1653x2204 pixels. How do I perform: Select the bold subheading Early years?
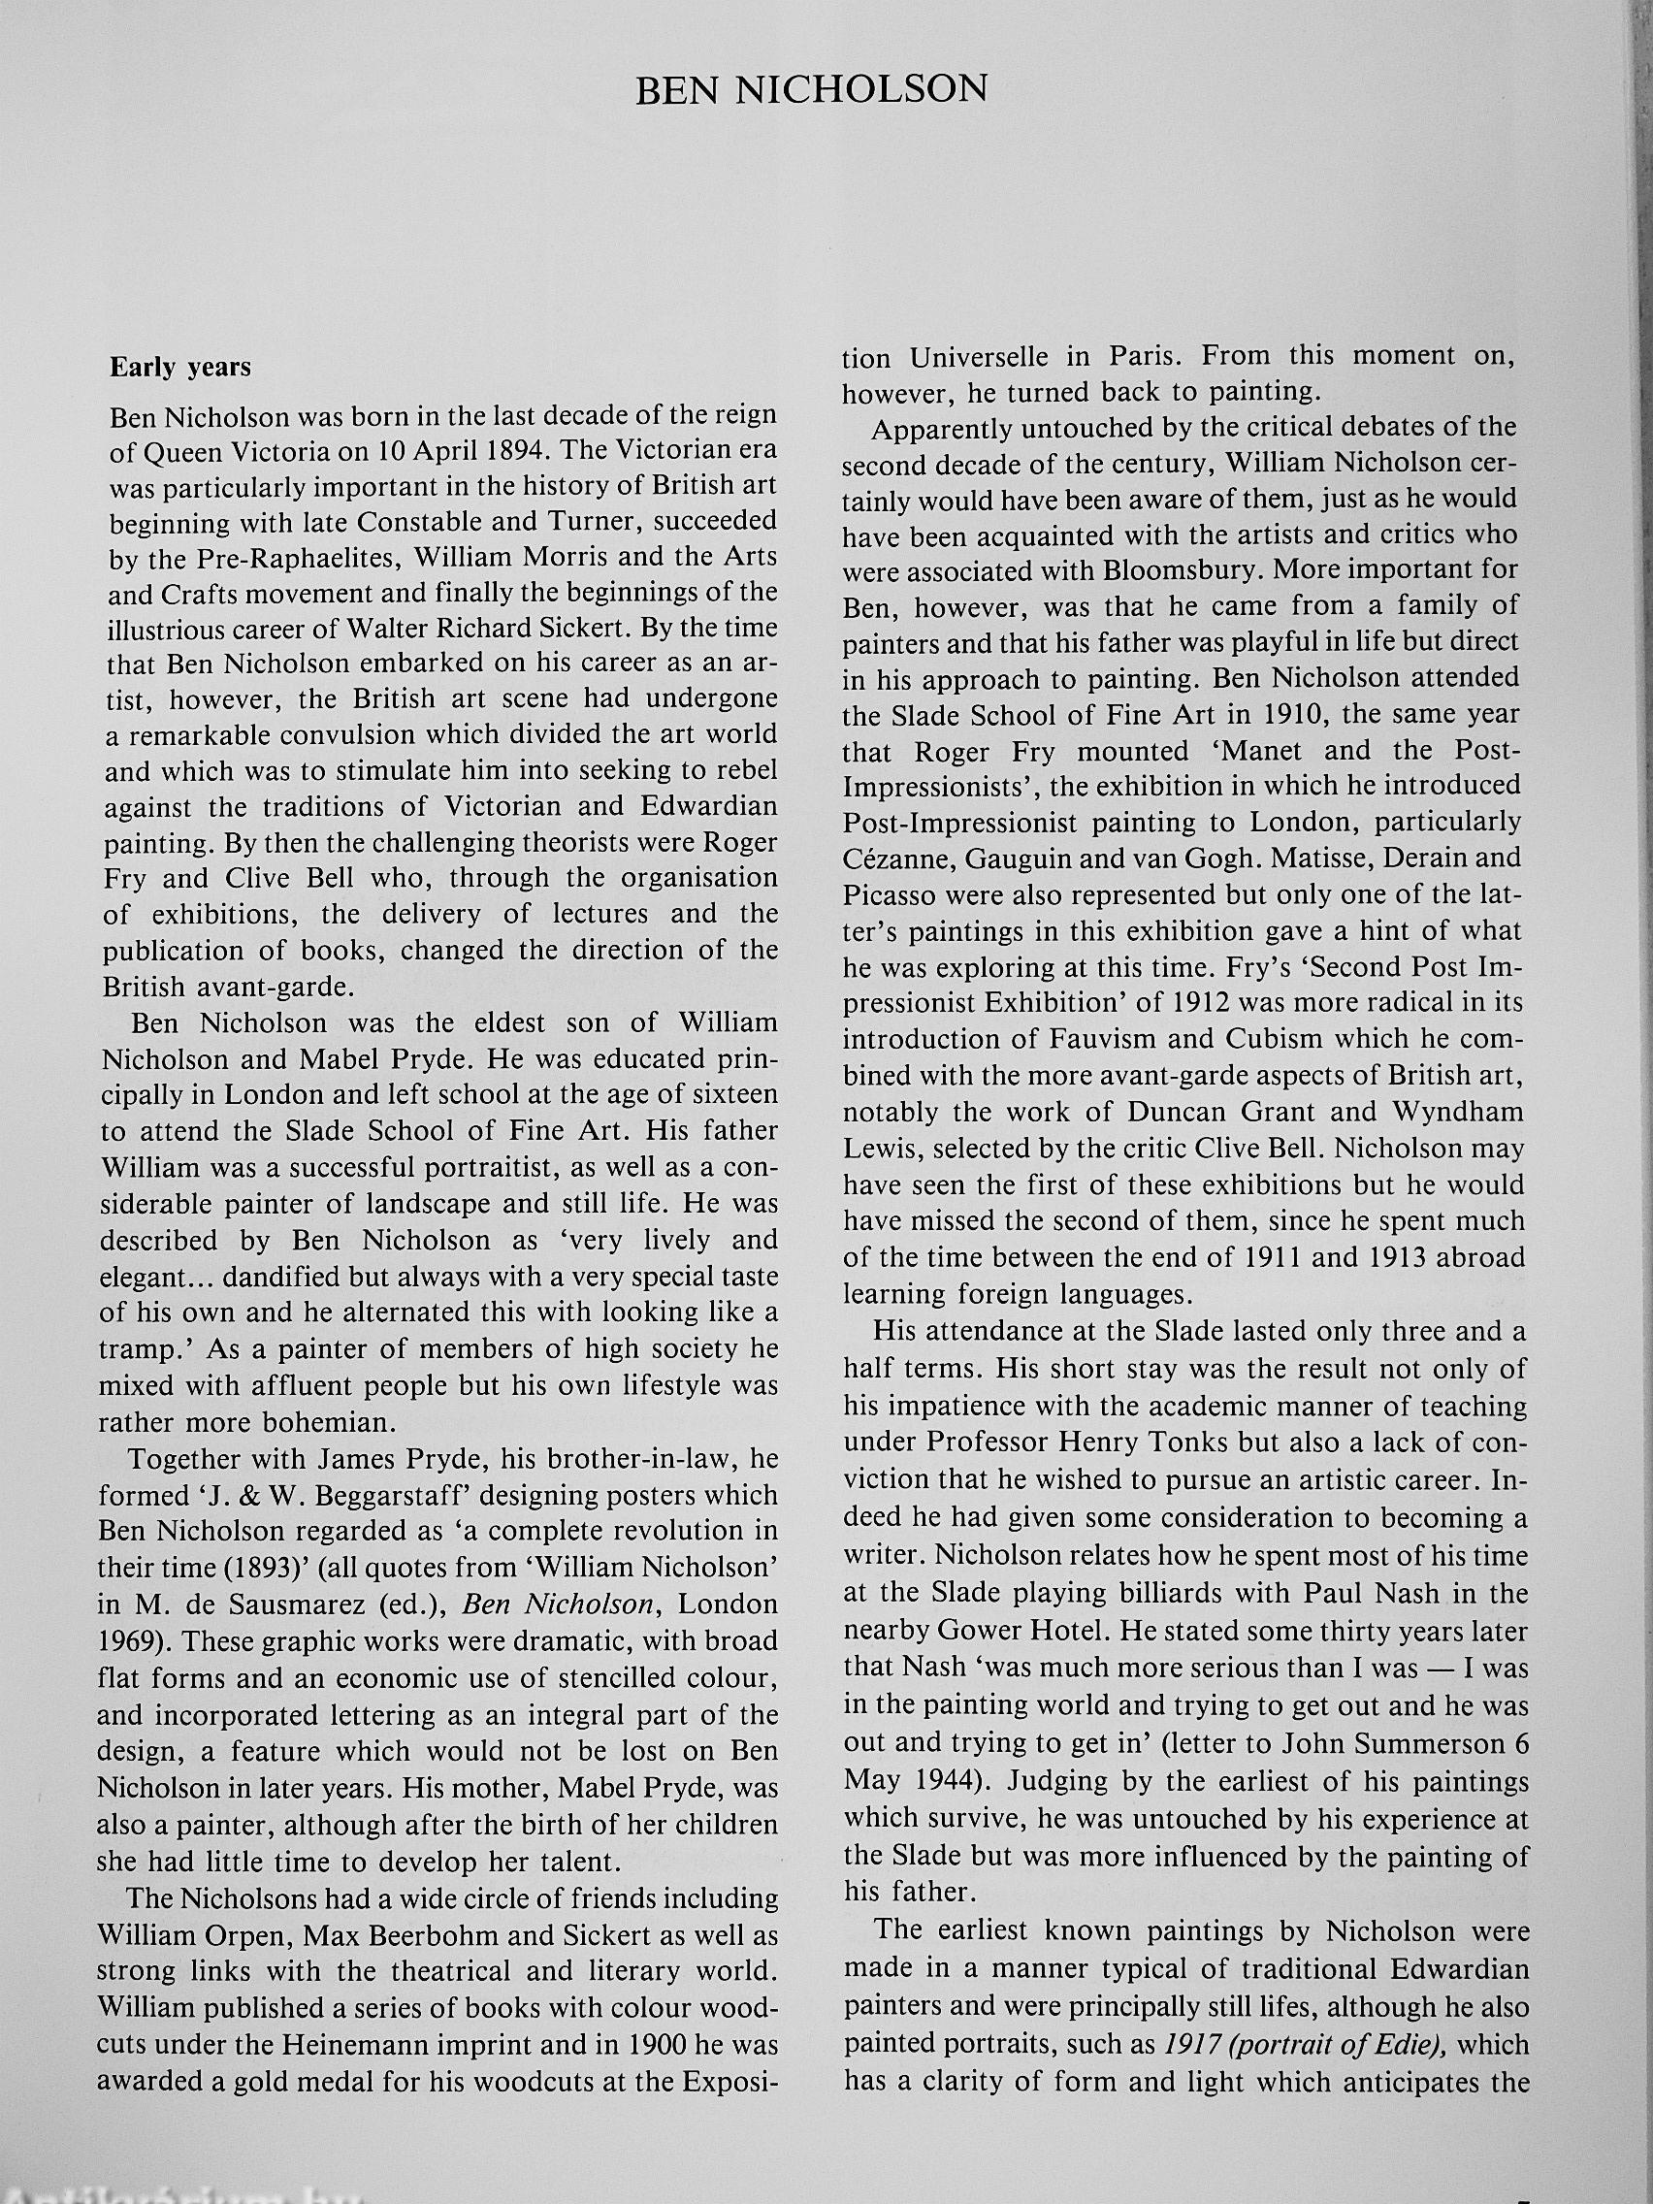click(x=180, y=368)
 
